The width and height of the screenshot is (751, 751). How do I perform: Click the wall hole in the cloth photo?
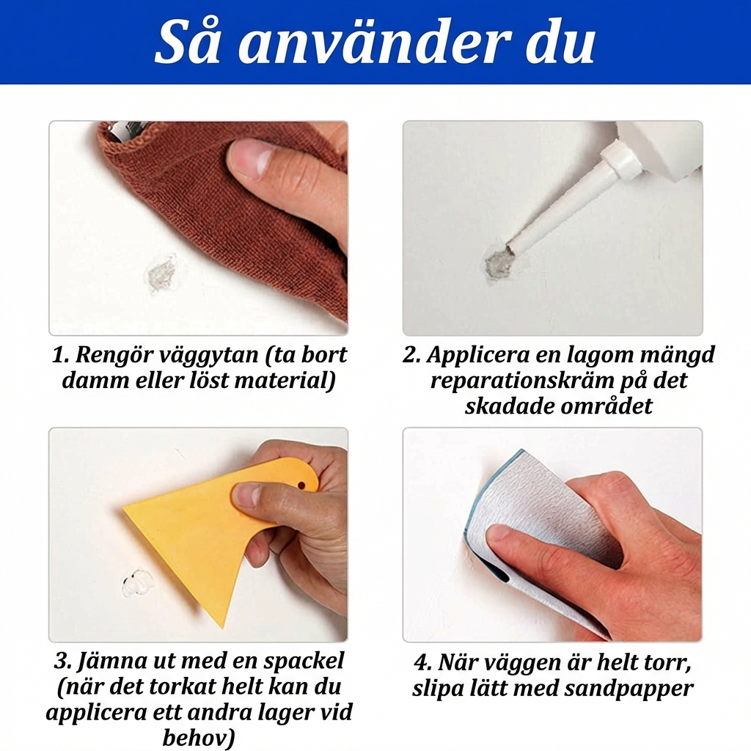164,273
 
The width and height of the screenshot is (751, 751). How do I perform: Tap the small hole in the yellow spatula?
302,484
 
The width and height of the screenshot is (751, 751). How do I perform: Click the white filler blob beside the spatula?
136,583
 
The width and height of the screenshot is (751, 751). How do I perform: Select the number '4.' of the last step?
423,664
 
